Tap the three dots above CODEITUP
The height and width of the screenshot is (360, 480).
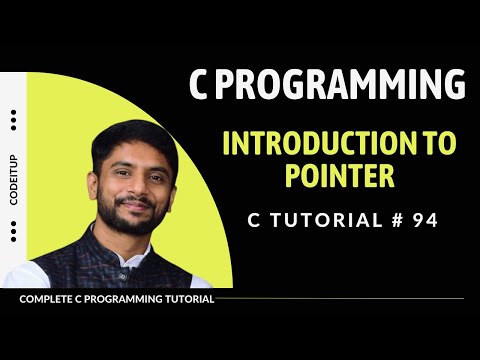point(13,121)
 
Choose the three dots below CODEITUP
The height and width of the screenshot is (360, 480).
point(13,232)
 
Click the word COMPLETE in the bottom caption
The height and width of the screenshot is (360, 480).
point(46,299)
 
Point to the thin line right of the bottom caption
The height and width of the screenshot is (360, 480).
point(340,298)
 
